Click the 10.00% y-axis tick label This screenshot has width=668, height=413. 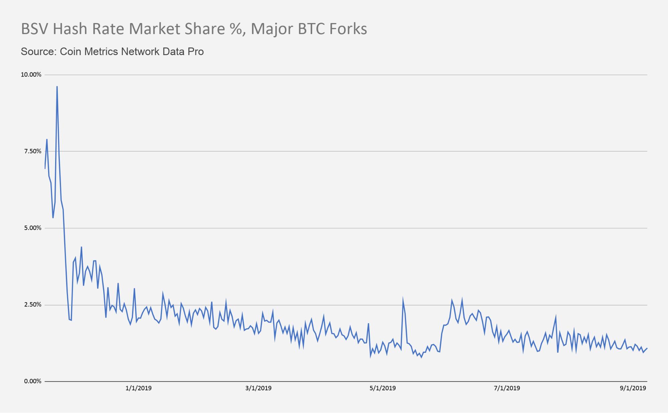coord(31,74)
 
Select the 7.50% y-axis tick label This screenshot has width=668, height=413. coord(32,151)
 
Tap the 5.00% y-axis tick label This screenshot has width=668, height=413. coord(32,228)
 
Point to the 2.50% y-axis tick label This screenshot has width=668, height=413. coord(32,305)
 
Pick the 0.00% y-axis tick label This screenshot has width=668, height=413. coord(32,381)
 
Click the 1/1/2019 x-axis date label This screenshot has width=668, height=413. coord(138,388)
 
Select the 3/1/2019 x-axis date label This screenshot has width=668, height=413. coord(258,388)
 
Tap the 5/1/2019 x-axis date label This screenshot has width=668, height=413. coord(383,388)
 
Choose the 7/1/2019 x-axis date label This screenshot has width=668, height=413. coord(507,388)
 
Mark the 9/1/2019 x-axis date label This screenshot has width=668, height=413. coord(633,388)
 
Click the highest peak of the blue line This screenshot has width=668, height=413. coord(57,87)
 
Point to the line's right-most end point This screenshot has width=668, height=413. coord(647,349)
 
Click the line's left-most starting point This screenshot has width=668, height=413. coord(45,168)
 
